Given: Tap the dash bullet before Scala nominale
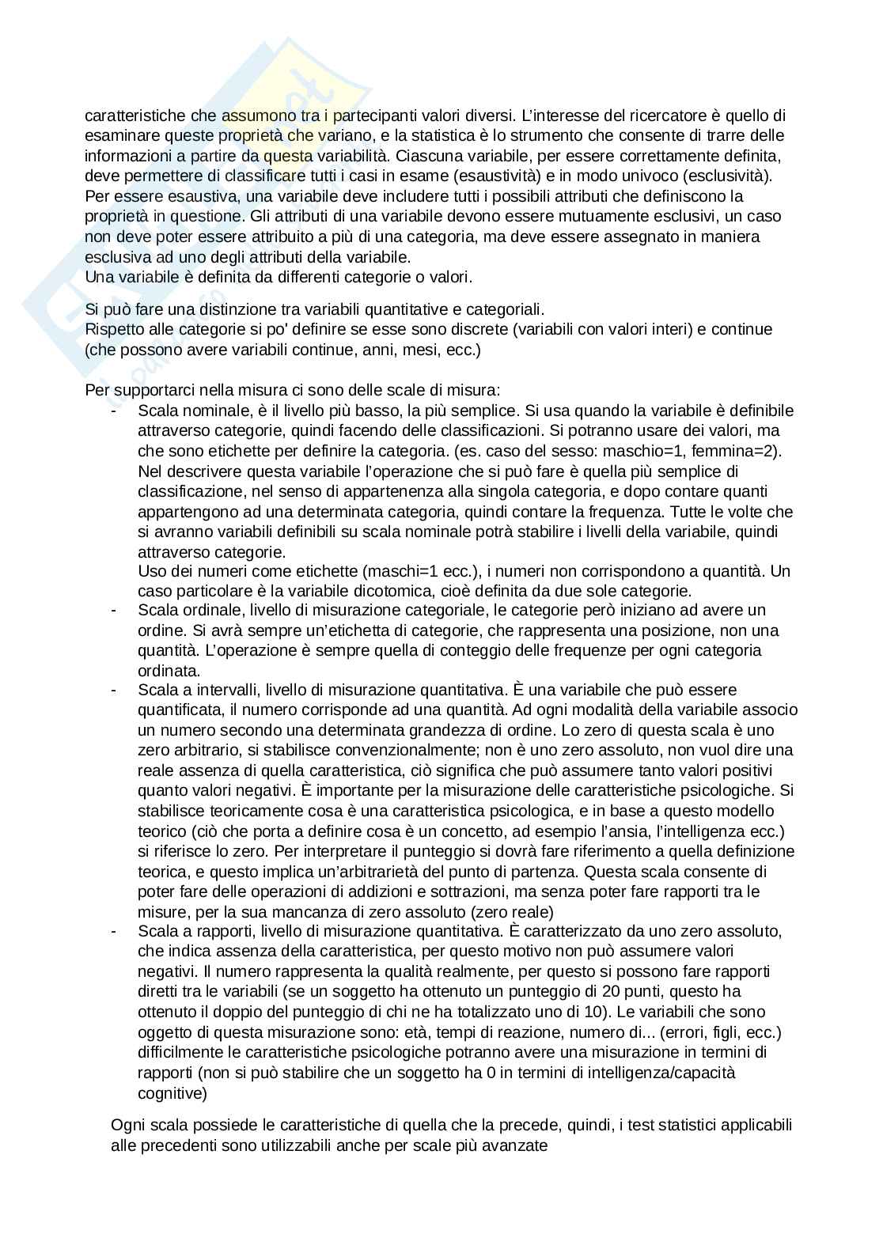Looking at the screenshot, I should click(114, 411).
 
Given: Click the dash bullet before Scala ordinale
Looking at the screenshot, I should click(114, 611).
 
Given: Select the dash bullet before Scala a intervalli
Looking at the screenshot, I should click(114, 691).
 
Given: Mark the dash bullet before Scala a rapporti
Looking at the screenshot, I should click(114, 931).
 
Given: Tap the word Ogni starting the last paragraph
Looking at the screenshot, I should click(127, 1125).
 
